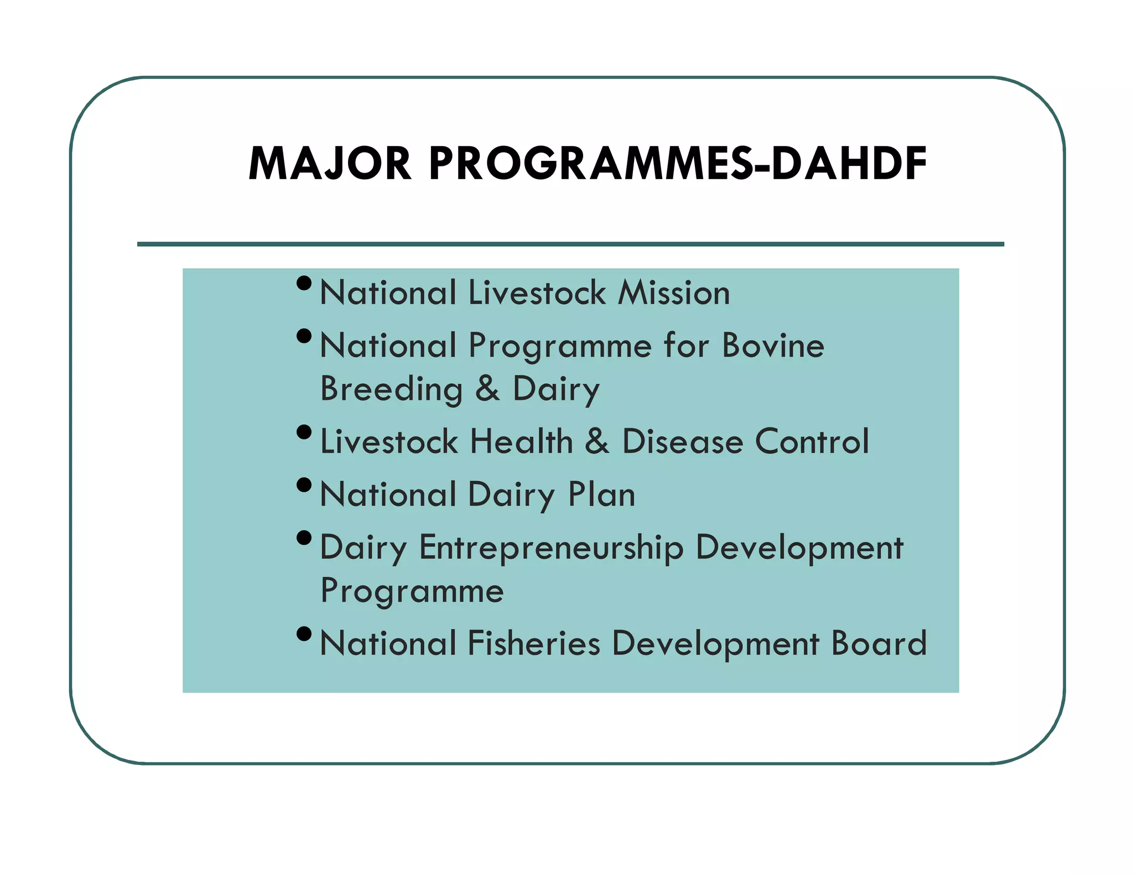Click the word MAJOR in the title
coord(330,164)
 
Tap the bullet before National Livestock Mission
coord(304,283)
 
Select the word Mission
coord(674,293)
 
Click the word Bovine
coord(773,346)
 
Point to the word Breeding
coord(391,389)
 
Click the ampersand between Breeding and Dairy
coord(487,389)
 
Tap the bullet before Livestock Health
coord(304,432)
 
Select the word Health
coord(521,442)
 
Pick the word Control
coord(812,442)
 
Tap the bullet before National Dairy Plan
coord(304,485)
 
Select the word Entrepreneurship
coord(551,548)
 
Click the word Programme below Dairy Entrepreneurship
coord(412,591)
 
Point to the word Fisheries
coord(534,644)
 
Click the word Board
coord(879,644)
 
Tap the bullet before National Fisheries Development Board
coord(304,634)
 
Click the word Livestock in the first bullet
coord(537,293)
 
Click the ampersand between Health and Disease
coord(597,442)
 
